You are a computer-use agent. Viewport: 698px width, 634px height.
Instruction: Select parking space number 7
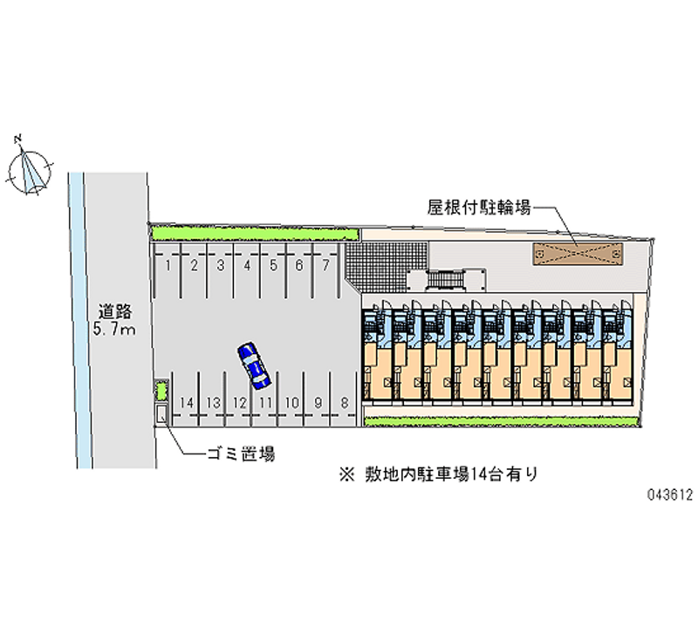coord(325,264)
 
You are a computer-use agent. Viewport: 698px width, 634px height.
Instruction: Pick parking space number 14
coord(186,402)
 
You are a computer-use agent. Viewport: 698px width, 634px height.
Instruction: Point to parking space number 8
coord(346,402)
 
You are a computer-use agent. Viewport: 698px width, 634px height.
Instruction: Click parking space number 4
coord(247,264)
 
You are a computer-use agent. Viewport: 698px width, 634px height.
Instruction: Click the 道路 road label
coord(114,310)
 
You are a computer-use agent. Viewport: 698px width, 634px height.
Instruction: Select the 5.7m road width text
coord(114,330)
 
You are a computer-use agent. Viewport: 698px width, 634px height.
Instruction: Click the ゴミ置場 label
coord(240,454)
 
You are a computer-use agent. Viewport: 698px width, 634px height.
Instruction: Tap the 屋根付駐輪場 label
coord(478,208)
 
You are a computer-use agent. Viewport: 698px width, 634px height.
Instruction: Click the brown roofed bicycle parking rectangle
coord(577,254)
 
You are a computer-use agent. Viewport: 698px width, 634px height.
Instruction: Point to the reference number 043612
coord(669,494)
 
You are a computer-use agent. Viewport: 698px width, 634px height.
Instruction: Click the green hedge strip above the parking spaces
coord(254,234)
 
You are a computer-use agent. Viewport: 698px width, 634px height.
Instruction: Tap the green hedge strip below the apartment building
coord(500,421)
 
